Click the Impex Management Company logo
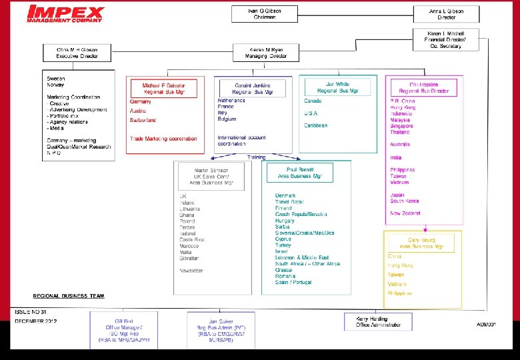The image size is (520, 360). [65, 14]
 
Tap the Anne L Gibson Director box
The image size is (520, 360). [446, 14]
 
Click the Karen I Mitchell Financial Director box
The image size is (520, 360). [446, 39]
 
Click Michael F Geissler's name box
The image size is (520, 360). [163, 89]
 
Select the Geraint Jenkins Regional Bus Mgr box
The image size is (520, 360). [253, 89]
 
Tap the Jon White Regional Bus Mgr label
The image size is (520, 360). [333, 87]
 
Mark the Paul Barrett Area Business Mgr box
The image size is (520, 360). [299, 173]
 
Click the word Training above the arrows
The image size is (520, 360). [256, 157]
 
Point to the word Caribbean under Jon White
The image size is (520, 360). [316, 125]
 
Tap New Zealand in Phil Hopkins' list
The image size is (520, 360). [405, 213]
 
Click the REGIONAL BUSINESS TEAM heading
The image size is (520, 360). [69, 295]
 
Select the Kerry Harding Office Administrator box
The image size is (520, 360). [378, 321]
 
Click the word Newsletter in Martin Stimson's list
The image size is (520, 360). [193, 271]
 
